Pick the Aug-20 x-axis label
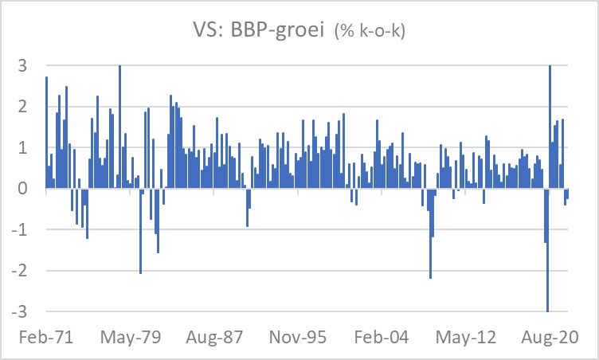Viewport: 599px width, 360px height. pyautogui.click(x=548, y=337)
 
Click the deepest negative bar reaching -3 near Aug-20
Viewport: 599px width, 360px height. pyautogui.click(x=548, y=255)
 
